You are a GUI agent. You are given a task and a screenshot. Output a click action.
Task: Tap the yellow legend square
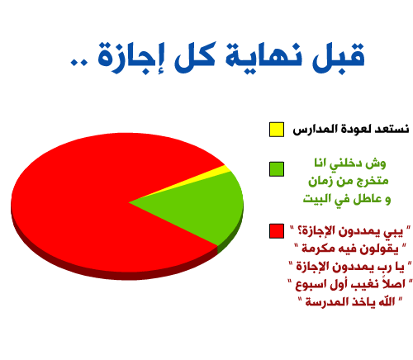point(277,130)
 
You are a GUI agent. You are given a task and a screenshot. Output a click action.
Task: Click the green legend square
point(277,169)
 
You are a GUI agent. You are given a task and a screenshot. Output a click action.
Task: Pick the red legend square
point(277,231)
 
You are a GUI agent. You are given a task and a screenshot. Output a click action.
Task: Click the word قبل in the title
point(338,57)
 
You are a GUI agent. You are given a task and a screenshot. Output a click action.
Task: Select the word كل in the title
point(195,56)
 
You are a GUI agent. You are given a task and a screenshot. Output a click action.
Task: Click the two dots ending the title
point(78,62)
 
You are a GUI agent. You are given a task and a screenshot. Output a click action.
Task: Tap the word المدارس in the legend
point(311,130)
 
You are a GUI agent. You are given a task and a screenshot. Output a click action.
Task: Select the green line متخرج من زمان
point(348,181)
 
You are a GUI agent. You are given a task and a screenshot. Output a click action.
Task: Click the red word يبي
point(392,232)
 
